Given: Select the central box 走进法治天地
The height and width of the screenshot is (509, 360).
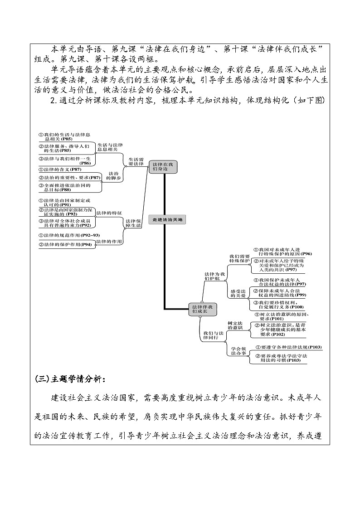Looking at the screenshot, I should click(167, 219).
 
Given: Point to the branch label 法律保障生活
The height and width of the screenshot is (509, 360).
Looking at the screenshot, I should click(133, 223).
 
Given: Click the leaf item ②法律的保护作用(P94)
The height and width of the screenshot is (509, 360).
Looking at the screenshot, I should click(66, 245).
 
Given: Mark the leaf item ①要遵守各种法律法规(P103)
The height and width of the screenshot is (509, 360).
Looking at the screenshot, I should click(288, 347).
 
